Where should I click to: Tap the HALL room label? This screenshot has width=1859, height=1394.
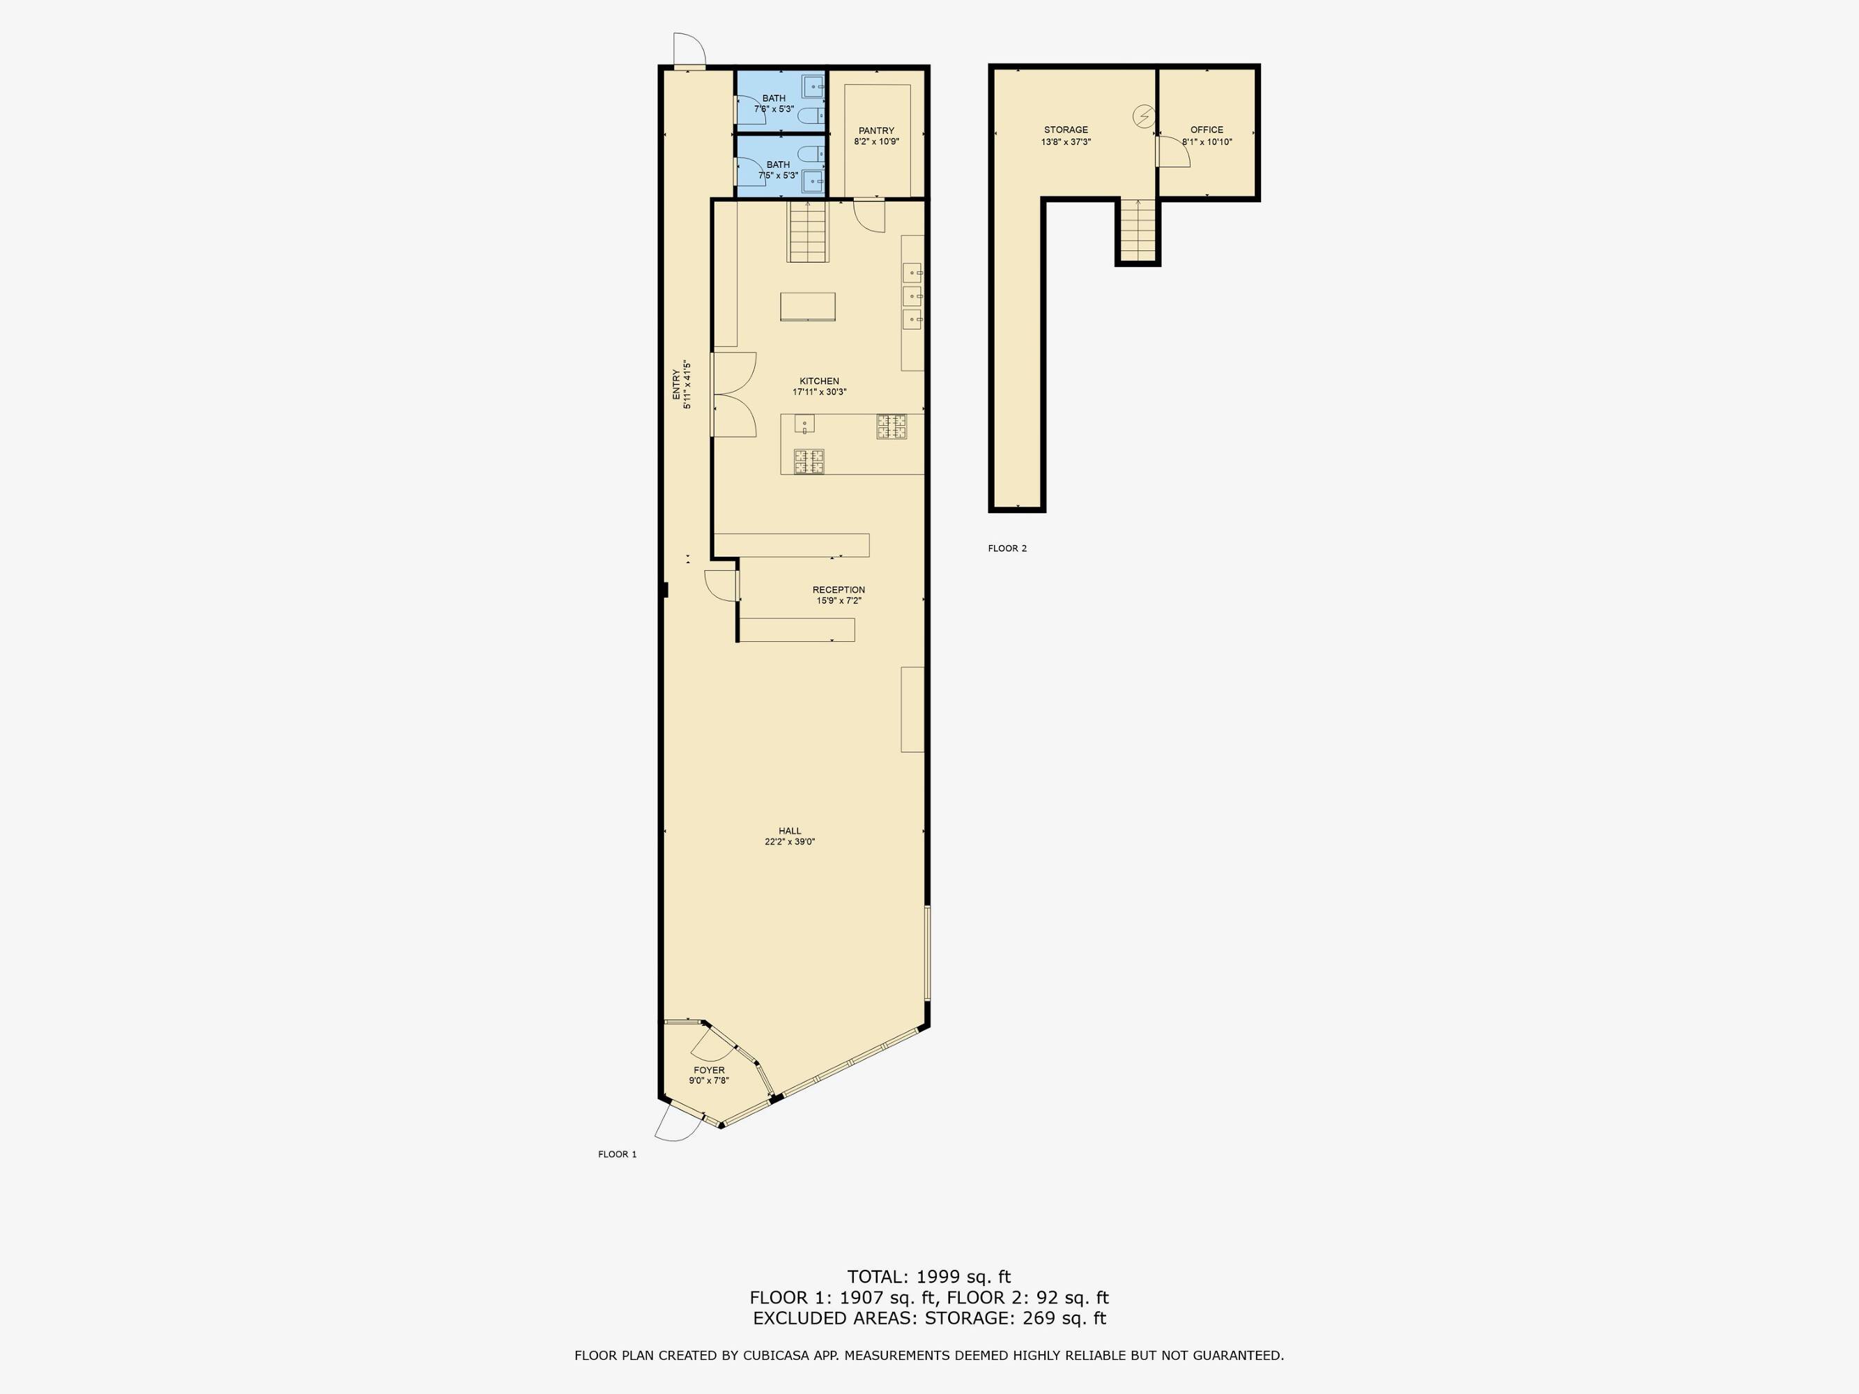[x=789, y=831]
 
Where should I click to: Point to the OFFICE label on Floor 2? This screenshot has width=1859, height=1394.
[x=1206, y=130]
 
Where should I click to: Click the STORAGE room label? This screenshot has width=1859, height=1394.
[x=1066, y=130]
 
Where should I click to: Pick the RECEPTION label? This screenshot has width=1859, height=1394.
[x=838, y=590]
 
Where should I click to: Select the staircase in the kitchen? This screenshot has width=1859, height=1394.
[x=808, y=231]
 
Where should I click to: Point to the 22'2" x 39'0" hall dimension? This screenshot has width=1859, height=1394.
[x=789, y=842]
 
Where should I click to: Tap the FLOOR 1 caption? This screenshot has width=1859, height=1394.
[x=617, y=1154]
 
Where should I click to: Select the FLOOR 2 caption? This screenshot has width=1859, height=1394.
[x=1007, y=549]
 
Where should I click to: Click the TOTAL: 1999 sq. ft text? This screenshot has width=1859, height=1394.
[x=928, y=1277]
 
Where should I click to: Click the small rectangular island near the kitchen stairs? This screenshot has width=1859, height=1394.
[x=808, y=307]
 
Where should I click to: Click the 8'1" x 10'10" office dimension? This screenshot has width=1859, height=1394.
[x=1207, y=142]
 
